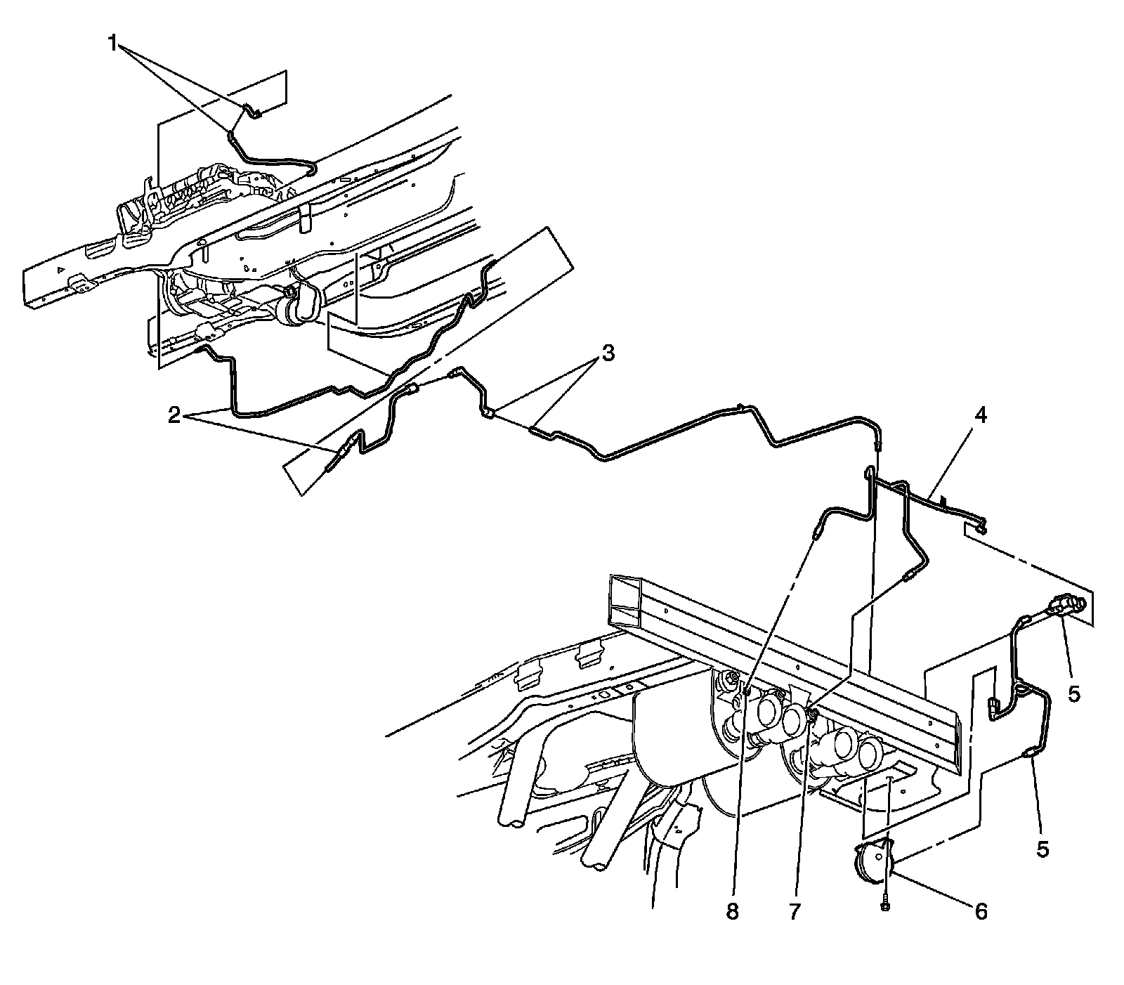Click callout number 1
pos(112,44)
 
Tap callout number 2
pos(173,415)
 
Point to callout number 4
pos(980,415)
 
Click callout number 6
pos(981,911)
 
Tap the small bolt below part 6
pos(885,906)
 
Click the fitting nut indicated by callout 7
pos(811,715)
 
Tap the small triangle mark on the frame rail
pos(62,270)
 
